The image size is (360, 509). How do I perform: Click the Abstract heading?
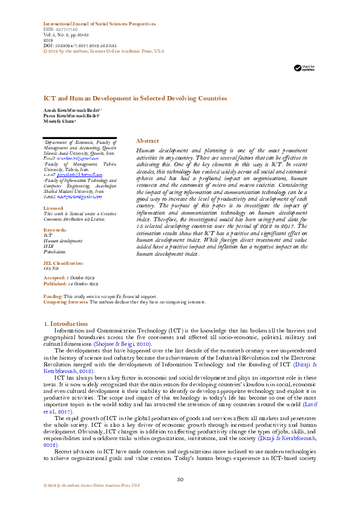coord(148,140)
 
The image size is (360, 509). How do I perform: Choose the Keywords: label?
coord(55,230)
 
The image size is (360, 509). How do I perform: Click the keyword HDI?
coord(48,245)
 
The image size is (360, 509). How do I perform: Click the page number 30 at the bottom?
coord(180,480)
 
